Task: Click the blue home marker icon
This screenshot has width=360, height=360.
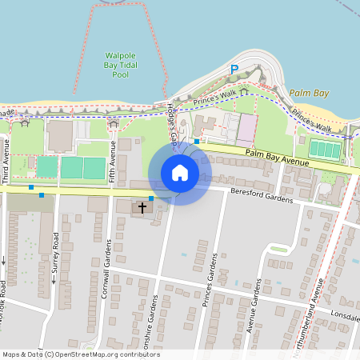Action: [180, 172]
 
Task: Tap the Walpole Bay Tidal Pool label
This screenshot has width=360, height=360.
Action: [120, 65]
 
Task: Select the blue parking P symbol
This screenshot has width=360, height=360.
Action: [234, 70]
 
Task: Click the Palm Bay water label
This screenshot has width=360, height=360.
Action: [309, 94]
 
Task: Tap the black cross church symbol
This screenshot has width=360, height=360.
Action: [143, 208]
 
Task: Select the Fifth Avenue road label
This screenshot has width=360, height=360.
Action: [114, 163]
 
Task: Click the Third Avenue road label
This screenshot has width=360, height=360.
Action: [6, 166]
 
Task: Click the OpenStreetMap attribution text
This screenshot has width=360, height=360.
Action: [80, 354]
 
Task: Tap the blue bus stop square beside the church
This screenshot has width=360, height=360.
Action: [151, 198]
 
